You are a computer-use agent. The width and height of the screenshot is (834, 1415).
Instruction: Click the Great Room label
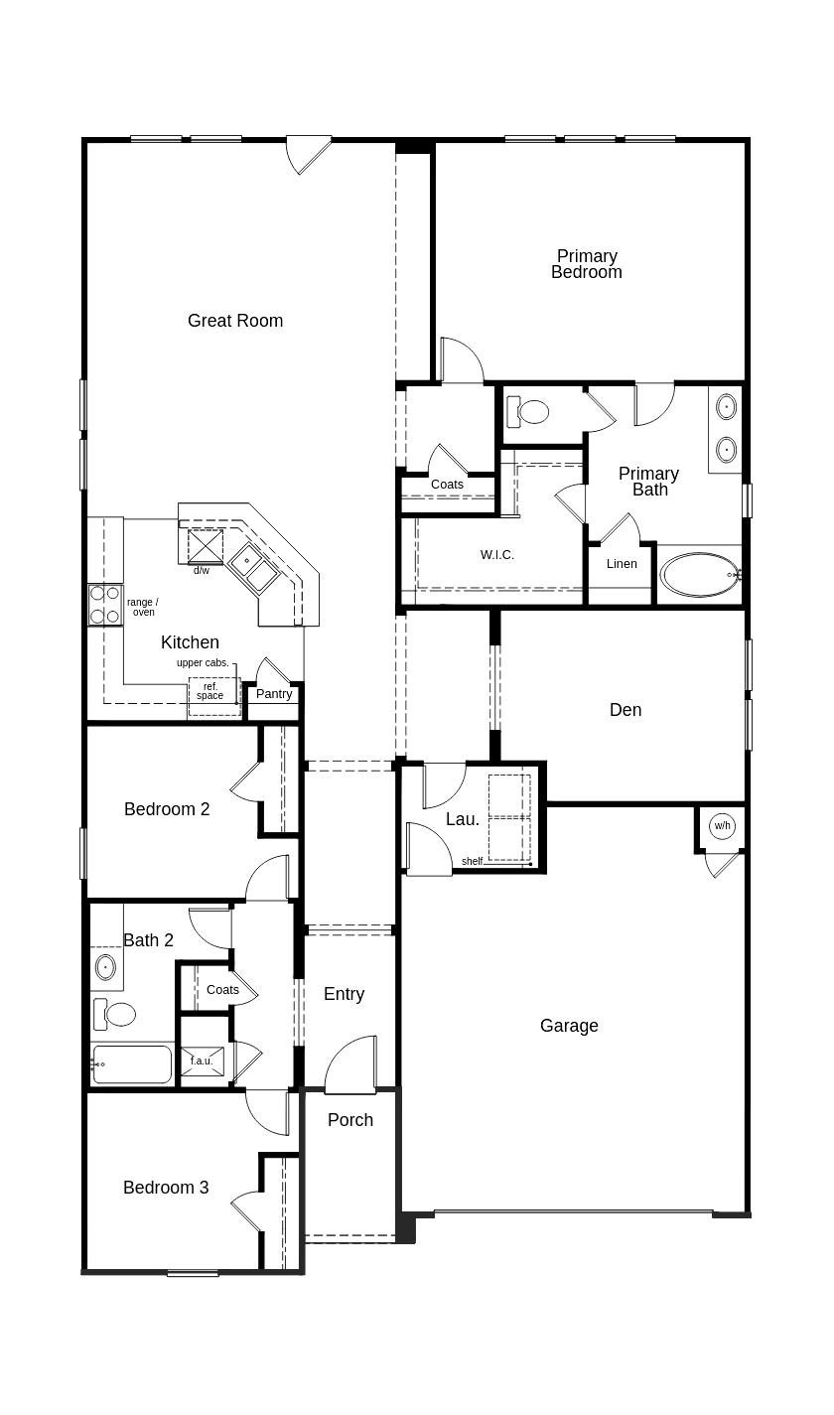(235, 321)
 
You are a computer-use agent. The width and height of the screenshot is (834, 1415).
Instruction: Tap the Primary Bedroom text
(587, 264)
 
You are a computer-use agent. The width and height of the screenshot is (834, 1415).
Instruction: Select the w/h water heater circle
(722, 826)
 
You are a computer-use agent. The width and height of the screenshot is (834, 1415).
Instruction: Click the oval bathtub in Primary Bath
(700, 575)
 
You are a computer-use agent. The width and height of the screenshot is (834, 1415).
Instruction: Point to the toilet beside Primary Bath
(528, 411)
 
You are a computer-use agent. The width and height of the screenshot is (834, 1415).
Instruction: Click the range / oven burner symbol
(104, 605)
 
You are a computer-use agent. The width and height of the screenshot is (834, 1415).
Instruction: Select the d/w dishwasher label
(202, 571)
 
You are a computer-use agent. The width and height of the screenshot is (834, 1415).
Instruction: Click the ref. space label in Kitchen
(210, 691)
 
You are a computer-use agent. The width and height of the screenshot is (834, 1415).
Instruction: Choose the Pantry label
(274, 694)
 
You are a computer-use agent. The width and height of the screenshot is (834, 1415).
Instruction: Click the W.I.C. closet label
(497, 555)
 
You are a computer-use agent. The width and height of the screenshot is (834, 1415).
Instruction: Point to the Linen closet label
(622, 564)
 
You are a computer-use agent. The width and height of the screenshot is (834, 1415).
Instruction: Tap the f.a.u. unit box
(202, 1061)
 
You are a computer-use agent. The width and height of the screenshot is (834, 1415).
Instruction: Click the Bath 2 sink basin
(105, 966)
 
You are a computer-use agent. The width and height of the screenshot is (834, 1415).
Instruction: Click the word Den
(625, 710)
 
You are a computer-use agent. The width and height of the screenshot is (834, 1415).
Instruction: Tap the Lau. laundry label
(463, 819)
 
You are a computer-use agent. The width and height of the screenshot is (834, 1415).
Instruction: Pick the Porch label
(350, 1120)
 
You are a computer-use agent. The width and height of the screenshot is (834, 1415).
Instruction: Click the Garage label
(569, 1026)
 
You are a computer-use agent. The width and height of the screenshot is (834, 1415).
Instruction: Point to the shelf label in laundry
(472, 861)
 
